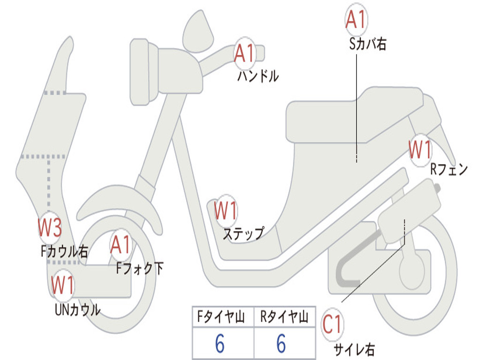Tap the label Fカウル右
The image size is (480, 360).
(x=64, y=252)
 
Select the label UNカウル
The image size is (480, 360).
(x=77, y=309)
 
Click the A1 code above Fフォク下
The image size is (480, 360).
(x=121, y=245)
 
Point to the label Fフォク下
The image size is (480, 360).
(x=140, y=268)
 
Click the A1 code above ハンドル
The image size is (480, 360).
(x=244, y=54)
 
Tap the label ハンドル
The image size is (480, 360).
(x=258, y=76)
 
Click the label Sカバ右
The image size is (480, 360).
(x=367, y=44)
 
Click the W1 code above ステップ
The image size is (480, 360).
(x=225, y=210)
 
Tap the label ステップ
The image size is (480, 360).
(x=243, y=233)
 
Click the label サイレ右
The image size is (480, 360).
(x=354, y=349)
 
